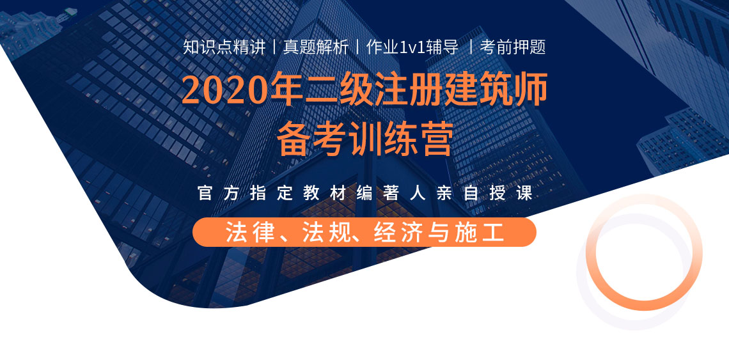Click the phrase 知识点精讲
(224, 47)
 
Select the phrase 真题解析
(316, 47)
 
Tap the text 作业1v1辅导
(412, 47)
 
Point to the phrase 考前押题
(512, 47)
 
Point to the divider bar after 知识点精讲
(274, 47)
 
